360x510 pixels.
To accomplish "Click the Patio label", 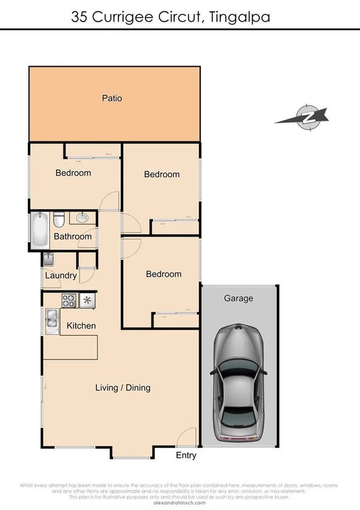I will [112, 98].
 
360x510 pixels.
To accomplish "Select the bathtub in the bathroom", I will [40, 230].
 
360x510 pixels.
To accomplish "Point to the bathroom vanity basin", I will [82, 218].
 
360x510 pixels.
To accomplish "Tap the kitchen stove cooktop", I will [69, 300].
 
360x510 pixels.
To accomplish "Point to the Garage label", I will [239, 298].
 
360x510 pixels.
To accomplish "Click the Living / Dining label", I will [123, 388].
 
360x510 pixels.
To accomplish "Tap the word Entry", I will [186, 455].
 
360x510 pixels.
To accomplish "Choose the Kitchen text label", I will [81, 326].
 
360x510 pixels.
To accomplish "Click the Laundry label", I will [61, 276].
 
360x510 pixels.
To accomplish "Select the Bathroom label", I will [73, 236].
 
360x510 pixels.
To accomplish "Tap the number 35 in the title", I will [79, 17].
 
